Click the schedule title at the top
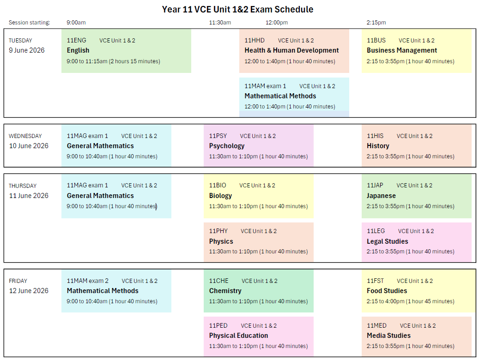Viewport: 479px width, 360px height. tap(237, 10)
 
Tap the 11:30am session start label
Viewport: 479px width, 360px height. tap(220, 23)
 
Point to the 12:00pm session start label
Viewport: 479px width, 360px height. tap(277, 23)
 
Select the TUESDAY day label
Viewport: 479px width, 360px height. tap(20, 41)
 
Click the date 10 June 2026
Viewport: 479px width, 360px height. tap(29, 146)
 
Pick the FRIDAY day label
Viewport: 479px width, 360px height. tap(18, 281)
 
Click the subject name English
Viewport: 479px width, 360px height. tap(78, 50)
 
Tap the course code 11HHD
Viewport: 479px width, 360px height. tap(255, 40)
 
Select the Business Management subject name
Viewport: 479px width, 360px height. tap(402, 50)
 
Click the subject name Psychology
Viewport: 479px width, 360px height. tap(227, 146)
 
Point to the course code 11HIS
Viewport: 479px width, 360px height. tap(375, 136)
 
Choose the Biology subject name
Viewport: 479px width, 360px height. tap(220, 196)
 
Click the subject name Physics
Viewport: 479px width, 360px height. tap(221, 241)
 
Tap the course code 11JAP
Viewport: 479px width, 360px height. tap(375, 186)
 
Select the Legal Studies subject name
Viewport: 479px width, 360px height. tap(388, 241)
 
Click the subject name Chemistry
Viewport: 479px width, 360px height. tap(225, 291)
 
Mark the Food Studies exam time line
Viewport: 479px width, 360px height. tap(410, 301)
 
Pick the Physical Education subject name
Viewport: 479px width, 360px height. tap(238, 336)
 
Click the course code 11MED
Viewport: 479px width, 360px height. tap(376, 326)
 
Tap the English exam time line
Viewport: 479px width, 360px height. tap(113, 61)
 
